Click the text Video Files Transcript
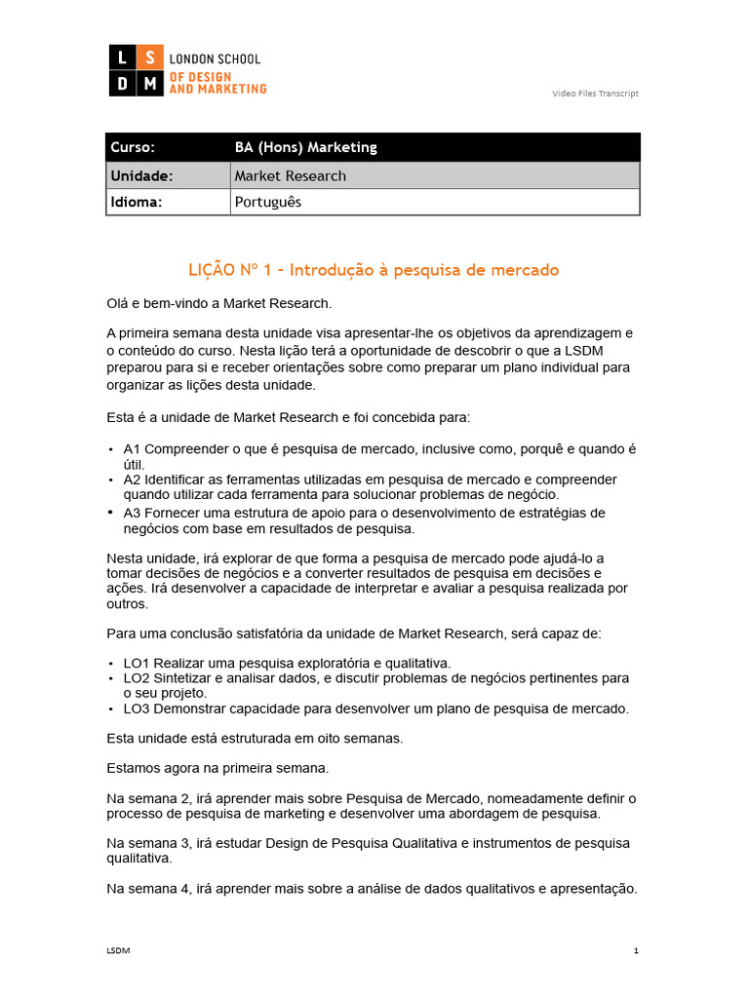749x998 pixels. pos(595,94)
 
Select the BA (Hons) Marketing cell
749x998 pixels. pos(305,147)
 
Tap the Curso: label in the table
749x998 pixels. pos(133,147)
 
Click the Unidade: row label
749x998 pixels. pos(141,175)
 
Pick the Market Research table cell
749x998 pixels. pos(290,175)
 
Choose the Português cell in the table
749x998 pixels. pos(268,202)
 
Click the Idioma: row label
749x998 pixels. pos(137,202)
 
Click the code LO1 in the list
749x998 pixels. pos(138,663)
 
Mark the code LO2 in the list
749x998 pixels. pos(138,677)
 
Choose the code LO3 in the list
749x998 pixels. pos(138,709)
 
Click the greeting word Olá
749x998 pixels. pos(118,303)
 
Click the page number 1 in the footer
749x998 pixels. pos(636,950)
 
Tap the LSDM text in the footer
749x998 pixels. pos(118,950)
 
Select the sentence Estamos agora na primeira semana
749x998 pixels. pos(217,768)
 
